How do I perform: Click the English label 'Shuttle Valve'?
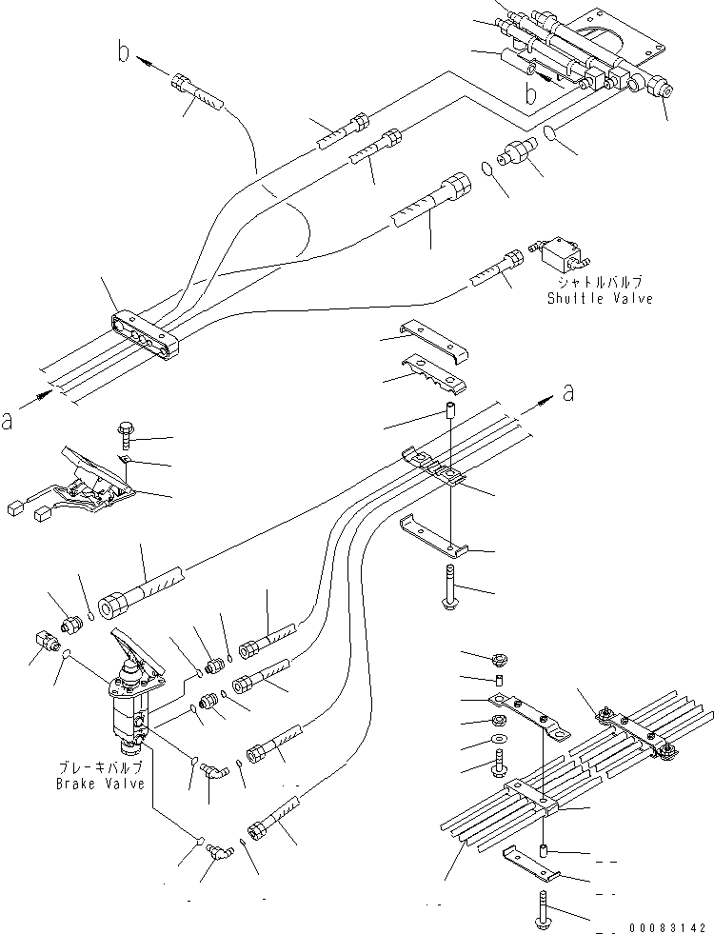(600, 298)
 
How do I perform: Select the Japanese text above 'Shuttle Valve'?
(600, 283)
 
